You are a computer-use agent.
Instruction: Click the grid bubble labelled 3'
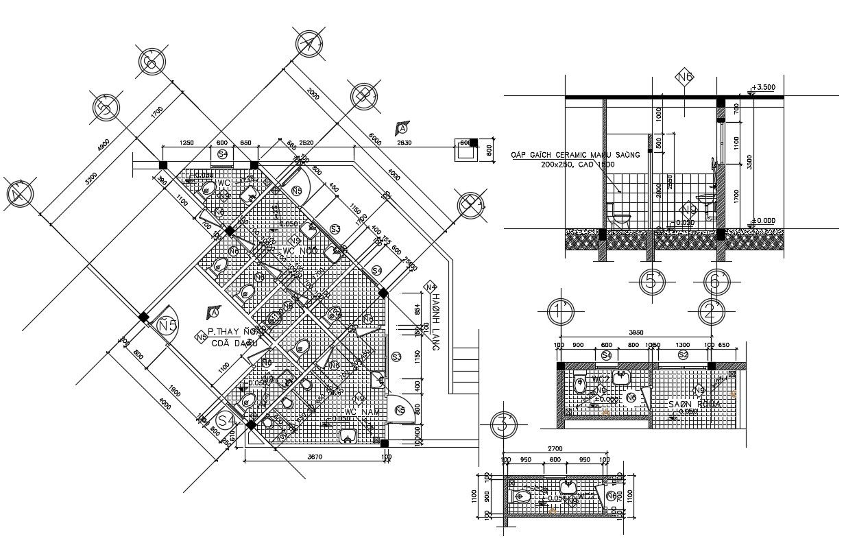pos(504,424)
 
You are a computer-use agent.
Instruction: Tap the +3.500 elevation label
pos(762,87)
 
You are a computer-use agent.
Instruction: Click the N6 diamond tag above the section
pos(684,77)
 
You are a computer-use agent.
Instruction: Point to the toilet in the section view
pos(619,220)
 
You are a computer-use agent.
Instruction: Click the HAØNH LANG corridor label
pos(435,322)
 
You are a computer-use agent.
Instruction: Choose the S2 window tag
pos(683,354)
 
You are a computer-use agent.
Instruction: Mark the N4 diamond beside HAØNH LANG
pos(431,287)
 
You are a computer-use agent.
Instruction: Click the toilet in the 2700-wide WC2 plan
pos(522,495)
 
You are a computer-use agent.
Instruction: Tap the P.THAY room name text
pos(226,330)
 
